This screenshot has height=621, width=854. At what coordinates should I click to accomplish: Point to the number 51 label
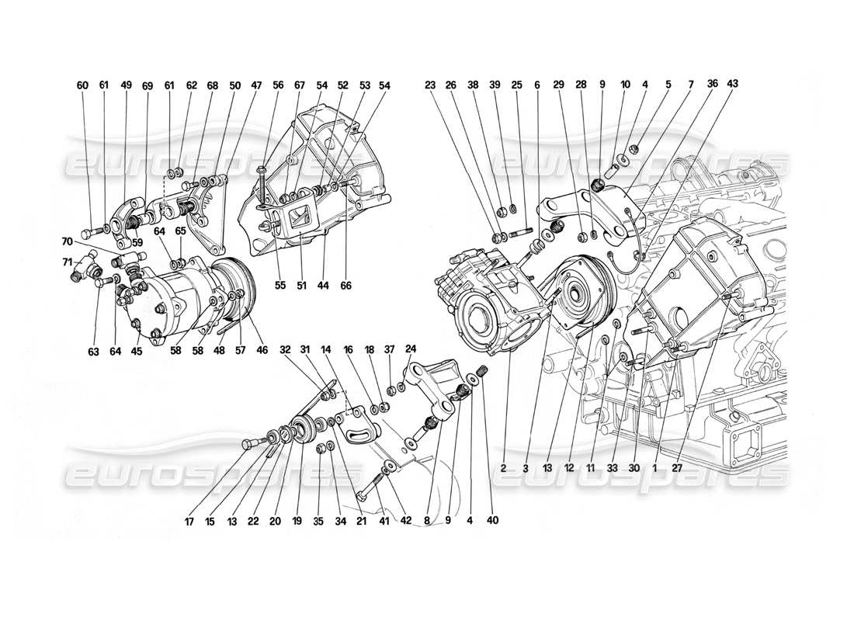[300, 286]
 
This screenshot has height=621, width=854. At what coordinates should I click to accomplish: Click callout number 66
[345, 286]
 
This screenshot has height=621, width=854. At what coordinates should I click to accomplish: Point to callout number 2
[504, 468]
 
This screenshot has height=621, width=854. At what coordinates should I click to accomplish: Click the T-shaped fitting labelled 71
[84, 269]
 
